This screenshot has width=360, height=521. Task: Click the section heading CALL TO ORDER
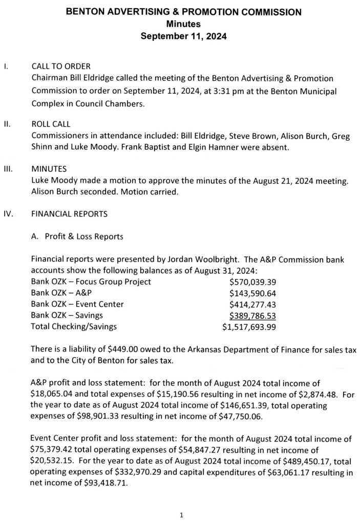61,67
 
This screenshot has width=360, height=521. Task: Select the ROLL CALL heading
51,124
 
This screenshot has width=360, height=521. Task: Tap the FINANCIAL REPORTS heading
70,214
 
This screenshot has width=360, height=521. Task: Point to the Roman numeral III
8,168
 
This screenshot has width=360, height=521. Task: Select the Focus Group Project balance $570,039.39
253,281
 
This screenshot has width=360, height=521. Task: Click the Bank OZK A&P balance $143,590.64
253,293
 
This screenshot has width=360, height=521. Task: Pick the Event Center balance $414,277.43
253,304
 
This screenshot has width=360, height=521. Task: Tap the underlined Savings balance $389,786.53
253,315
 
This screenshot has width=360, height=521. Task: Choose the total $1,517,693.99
249,327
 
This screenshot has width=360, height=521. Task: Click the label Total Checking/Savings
74,327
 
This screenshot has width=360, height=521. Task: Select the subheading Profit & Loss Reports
84,236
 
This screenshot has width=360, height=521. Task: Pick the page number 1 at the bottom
181,514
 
